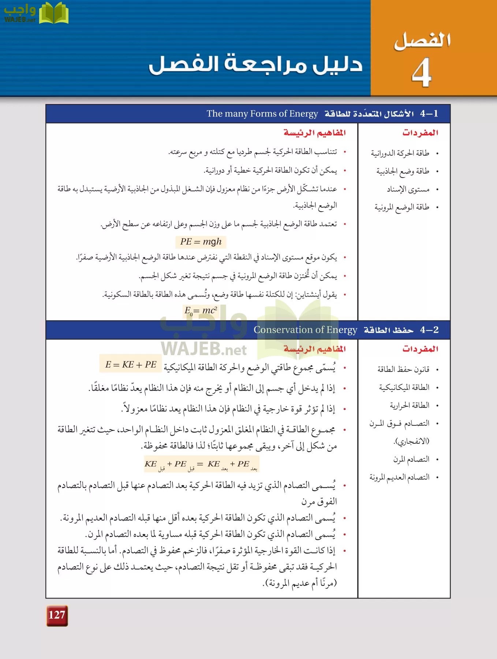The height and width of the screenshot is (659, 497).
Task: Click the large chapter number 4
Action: tap(422, 72)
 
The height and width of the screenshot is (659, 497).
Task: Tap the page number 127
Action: tap(57, 615)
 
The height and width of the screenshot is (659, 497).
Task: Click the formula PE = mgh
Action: tap(201, 242)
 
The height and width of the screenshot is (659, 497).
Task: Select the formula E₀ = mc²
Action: tap(201, 311)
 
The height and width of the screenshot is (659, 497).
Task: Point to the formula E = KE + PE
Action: tap(131, 364)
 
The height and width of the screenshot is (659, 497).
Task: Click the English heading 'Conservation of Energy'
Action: tap(305, 330)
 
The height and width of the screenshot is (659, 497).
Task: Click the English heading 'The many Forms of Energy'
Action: tap(262, 114)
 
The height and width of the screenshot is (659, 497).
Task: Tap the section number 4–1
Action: tap(429, 114)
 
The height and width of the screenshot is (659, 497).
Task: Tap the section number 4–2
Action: tap(429, 330)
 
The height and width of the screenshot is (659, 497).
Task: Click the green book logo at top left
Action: tap(53, 13)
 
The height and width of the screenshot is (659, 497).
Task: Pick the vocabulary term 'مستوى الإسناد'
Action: tap(408, 189)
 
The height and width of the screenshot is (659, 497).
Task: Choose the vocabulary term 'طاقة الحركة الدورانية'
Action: tap(400, 153)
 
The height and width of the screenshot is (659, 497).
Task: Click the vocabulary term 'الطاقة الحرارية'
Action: tap(409, 405)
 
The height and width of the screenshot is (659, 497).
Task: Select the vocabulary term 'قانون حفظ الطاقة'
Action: tap(403, 369)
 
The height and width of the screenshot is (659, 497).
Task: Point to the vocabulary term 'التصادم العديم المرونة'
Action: tap(399, 477)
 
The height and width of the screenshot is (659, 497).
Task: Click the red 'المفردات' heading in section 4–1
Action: tap(420, 133)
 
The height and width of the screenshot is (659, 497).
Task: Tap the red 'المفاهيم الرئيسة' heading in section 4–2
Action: tap(314, 349)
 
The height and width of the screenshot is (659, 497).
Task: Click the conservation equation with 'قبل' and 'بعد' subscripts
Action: tap(201, 465)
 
